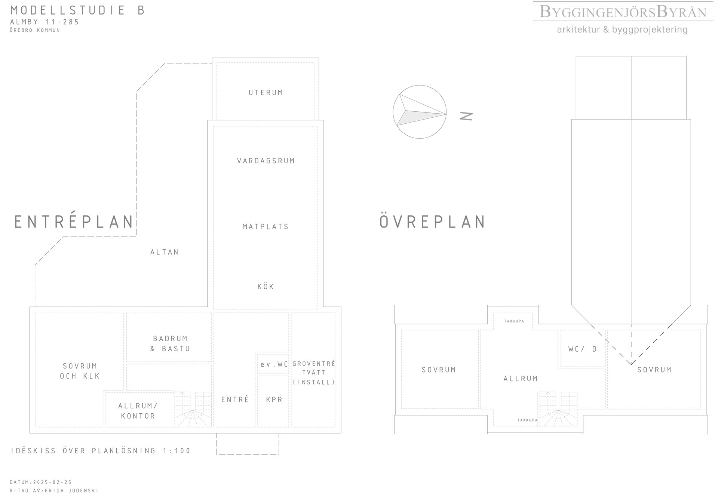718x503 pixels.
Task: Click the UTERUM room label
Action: point(266,93)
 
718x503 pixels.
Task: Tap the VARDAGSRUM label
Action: point(266,161)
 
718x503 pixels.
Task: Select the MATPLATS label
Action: point(266,227)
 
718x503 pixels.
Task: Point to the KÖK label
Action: point(266,287)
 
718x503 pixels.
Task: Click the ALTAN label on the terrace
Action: point(165,252)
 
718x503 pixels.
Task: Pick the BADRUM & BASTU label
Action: point(170,344)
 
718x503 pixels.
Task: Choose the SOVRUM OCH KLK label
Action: point(80,371)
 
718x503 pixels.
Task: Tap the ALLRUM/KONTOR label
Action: point(138,411)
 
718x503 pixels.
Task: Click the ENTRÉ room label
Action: point(235,399)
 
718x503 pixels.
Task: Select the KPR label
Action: point(274,400)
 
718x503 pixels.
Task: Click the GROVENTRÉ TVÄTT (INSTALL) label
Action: point(314,373)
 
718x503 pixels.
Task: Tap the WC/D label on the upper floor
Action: point(583,349)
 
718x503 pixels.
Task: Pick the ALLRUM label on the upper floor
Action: point(521,379)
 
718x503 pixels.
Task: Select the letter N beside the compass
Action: point(466,117)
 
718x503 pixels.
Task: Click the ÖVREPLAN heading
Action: point(433,222)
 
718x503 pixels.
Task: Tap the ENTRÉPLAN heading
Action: point(74,222)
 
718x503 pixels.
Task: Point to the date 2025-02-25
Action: point(52,482)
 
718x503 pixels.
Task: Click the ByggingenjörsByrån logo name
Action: point(623,12)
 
